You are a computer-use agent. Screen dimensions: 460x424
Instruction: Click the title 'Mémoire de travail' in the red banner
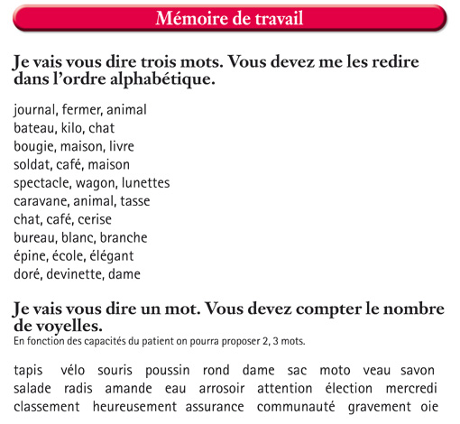point(229,18)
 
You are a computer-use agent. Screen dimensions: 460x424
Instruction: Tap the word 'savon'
point(418,372)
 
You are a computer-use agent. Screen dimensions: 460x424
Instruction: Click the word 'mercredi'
point(411,390)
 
